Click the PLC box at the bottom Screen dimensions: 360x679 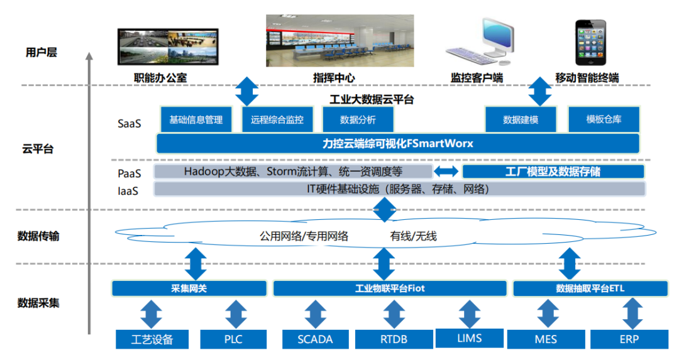tap(233, 339)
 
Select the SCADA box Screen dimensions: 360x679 tap(316, 339)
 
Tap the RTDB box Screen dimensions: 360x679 tap(394, 339)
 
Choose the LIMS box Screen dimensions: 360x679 tap(469, 338)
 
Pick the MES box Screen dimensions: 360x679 tap(546, 339)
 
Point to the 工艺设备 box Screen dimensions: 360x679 tap(152, 339)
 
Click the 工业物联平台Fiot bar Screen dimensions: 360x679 tap(390, 288)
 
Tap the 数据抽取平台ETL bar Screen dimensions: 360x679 tap(590, 288)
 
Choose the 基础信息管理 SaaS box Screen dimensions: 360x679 tap(196, 119)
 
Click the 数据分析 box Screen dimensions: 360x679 tap(358, 119)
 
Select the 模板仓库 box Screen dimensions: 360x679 tap(604, 119)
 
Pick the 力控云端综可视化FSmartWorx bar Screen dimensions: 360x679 tap(397, 144)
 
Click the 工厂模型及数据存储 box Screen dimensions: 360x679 tap(553, 172)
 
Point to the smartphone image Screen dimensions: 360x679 tap(591, 43)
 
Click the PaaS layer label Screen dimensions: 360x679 tap(129, 172)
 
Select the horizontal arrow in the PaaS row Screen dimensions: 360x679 tap(447, 172)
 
